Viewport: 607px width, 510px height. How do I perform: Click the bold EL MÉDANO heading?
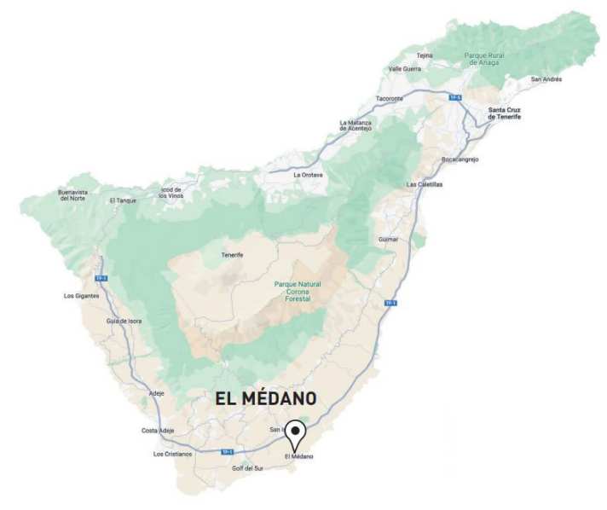[x=265, y=398]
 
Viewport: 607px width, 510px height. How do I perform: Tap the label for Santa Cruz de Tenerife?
[x=503, y=113]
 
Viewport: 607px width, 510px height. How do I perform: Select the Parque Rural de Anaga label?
[x=487, y=59]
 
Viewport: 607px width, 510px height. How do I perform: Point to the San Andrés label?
[x=546, y=79]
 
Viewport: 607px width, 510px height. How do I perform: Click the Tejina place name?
[x=425, y=55]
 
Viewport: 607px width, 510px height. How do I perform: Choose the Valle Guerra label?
[x=405, y=69]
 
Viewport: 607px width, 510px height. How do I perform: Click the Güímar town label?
[x=388, y=240]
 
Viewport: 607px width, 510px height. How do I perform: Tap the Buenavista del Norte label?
[x=73, y=195]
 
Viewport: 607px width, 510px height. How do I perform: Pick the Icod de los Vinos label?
[x=171, y=192]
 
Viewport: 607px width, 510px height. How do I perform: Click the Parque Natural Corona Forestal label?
[x=298, y=292]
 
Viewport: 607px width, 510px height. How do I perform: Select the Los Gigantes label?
[x=82, y=296]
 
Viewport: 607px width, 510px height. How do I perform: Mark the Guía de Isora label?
[x=124, y=321]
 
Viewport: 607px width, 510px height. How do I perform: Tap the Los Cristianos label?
[x=172, y=454]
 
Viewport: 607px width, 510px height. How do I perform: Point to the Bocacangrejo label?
[x=460, y=159]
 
